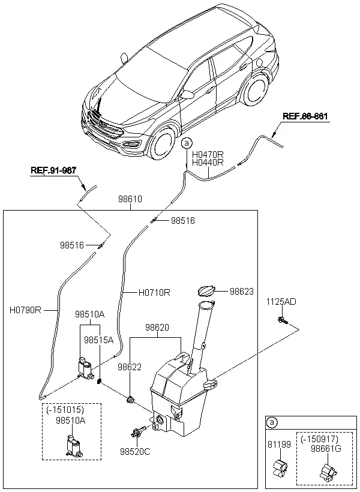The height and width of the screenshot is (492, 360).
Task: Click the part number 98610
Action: pyautogui.click(x=130, y=199)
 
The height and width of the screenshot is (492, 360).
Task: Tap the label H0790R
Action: pyautogui.click(x=25, y=311)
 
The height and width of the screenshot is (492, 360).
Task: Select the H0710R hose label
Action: pyautogui.click(x=154, y=293)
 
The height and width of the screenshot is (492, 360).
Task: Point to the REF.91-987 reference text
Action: pyautogui.click(x=53, y=170)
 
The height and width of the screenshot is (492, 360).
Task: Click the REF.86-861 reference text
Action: pyautogui.click(x=305, y=116)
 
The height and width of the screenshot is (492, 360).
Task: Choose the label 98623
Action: pyautogui.click(x=242, y=292)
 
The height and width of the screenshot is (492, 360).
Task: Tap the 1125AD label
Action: pyautogui.click(x=281, y=302)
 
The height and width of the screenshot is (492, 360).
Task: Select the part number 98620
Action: pyautogui.click(x=157, y=328)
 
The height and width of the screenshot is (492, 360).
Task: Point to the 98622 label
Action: pyautogui.click(x=130, y=367)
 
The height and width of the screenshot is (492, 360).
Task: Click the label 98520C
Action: pyautogui.click(x=135, y=451)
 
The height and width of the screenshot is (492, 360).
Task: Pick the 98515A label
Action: pyautogui.click(x=98, y=340)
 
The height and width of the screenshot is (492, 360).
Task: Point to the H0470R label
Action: pyautogui.click(x=208, y=154)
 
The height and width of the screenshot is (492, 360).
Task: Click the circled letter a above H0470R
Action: pyautogui.click(x=187, y=143)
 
